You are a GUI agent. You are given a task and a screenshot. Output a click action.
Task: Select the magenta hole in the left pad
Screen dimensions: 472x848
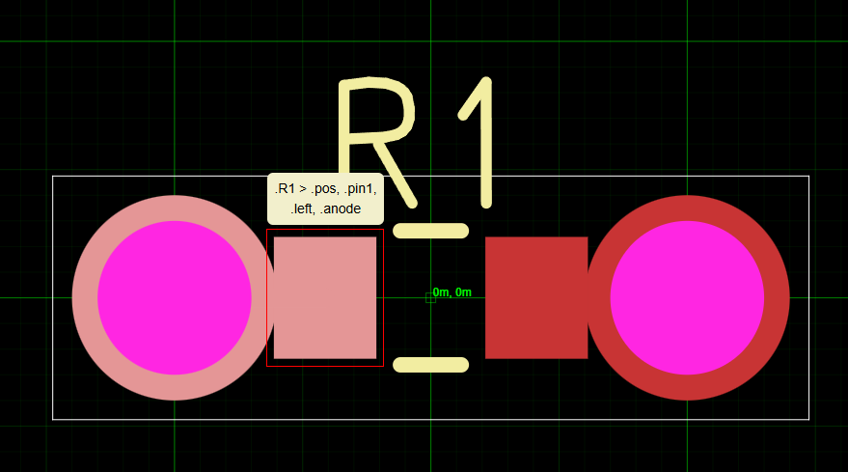pos(175,297)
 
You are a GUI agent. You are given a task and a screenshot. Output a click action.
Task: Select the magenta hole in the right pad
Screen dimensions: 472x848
pos(687,297)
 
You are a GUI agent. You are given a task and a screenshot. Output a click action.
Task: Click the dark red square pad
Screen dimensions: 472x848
pos(535,297)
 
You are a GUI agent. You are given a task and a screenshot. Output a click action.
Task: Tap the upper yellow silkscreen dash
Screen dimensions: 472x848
pos(431,231)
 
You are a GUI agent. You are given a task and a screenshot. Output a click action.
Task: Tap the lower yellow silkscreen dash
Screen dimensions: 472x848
pos(431,365)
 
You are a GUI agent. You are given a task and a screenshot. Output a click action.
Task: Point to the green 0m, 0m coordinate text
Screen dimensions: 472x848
pos(452,292)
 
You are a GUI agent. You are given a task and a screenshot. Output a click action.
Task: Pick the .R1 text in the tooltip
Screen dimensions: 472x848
pos(285,188)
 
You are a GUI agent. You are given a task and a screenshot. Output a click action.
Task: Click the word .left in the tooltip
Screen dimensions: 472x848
pos(303,208)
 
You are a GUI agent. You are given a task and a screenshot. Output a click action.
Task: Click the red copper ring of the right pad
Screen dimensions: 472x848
pos(777,297)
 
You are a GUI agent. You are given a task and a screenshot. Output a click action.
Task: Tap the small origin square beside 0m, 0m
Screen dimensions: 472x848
pos(430,297)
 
